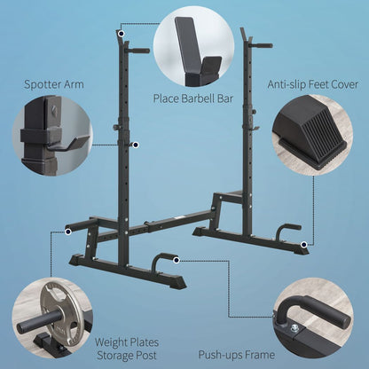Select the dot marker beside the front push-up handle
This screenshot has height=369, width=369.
pyautogui.click(x=178, y=260)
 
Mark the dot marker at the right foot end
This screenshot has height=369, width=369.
pyautogui.click(x=302, y=243)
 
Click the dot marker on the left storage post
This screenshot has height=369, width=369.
pyautogui.click(x=67, y=231)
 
